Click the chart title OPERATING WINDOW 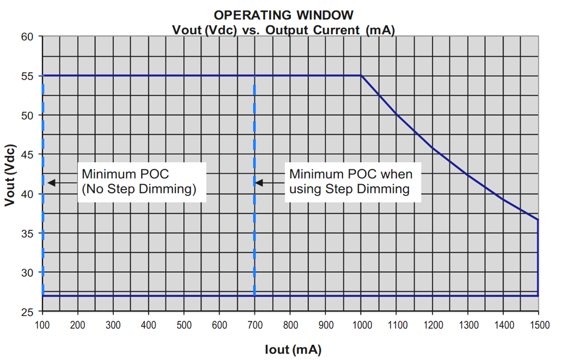click(x=283, y=15)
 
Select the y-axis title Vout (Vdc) click(x=10, y=175)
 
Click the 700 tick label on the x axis click(x=255, y=326)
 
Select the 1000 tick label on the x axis click(x=361, y=326)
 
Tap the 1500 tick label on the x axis click(x=538, y=326)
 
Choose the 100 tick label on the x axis click(x=42, y=326)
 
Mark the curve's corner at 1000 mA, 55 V click(x=361, y=76)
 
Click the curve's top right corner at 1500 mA click(x=538, y=219)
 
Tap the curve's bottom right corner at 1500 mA click(x=538, y=296)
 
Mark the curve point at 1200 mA click(x=432, y=148)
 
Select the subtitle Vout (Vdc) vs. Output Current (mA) click(x=283, y=29)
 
